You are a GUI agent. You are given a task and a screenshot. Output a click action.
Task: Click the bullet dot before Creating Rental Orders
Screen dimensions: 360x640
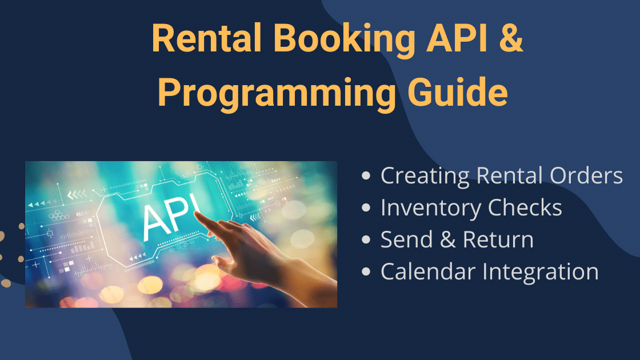click(x=367, y=177)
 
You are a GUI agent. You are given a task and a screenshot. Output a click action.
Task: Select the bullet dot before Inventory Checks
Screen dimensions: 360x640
click(x=367, y=209)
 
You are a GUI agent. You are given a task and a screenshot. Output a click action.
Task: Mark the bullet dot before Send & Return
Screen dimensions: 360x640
click(x=367, y=241)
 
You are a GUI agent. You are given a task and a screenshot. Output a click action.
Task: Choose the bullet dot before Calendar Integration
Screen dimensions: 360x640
click(x=367, y=273)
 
